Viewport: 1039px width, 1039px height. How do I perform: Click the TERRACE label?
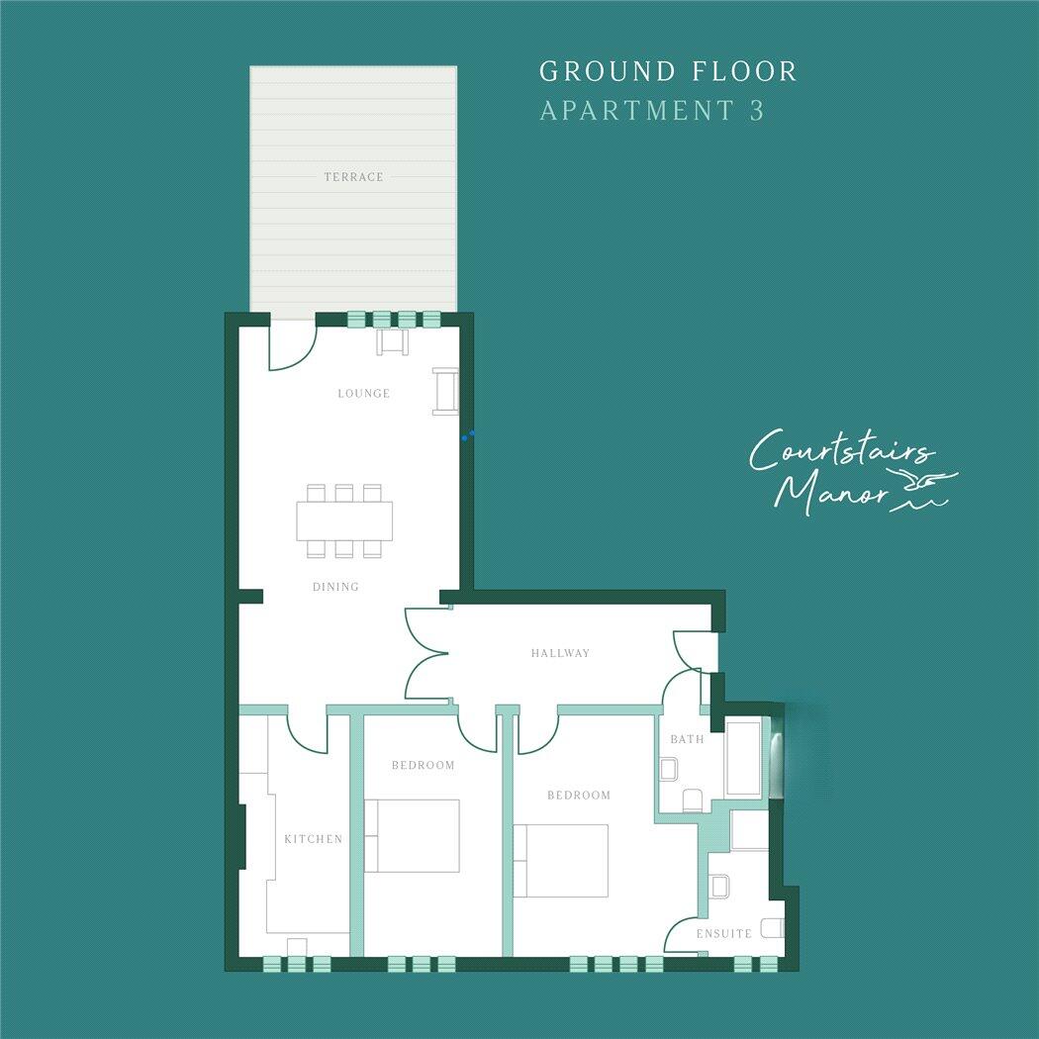pos(353,177)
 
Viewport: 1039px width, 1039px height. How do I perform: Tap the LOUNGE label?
pos(363,394)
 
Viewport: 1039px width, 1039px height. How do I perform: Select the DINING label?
pos(335,587)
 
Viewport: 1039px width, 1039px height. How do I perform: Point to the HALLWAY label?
pos(560,653)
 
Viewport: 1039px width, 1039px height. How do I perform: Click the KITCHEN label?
pos(313,839)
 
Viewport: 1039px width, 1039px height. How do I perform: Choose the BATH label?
pos(687,739)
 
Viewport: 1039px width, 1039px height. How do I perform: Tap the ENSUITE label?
pos(723,933)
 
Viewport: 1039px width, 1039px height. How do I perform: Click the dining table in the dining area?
pos(343,520)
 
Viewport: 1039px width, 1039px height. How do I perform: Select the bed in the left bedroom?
pos(412,835)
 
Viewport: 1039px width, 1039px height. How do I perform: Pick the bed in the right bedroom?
pos(560,860)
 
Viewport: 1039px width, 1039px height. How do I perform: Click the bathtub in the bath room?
pos(743,760)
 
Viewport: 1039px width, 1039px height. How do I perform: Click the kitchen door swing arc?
pos(307,733)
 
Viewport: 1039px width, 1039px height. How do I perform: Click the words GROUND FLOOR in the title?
pos(668,71)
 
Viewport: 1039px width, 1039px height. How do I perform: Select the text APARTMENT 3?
pos(652,111)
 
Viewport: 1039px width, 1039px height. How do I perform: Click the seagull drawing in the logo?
pos(924,484)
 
